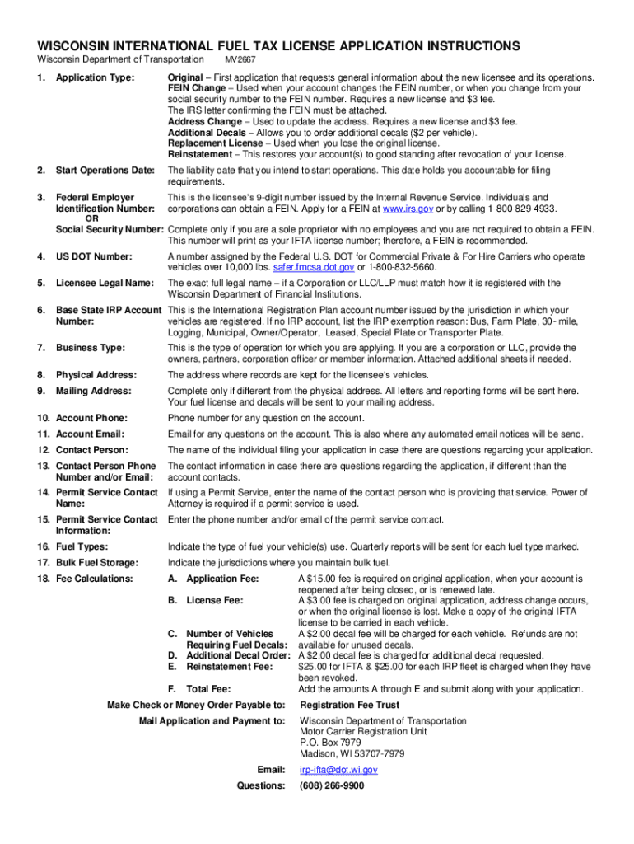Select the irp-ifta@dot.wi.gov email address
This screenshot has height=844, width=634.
[x=338, y=770]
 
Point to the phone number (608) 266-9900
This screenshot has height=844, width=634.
[x=332, y=785]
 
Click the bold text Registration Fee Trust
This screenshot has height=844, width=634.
[x=349, y=705]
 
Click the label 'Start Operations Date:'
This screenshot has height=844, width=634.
[x=105, y=171]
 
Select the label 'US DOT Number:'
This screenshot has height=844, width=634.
[x=93, y=256]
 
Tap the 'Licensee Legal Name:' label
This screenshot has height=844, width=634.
[x=105, y=283]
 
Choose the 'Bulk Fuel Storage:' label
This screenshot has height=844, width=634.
[x=96, y=562]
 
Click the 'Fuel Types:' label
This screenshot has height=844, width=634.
[x=82, y=546]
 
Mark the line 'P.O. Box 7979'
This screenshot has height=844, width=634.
[x=329, y=742]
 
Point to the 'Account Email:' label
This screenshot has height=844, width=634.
[x=90, y=434]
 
